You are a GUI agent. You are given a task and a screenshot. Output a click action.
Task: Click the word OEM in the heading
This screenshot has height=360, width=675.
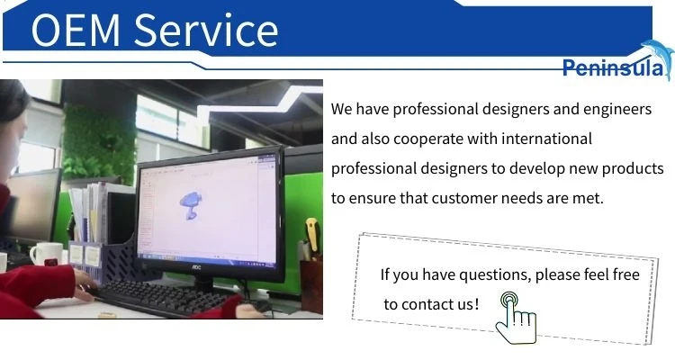[x=76, y=30]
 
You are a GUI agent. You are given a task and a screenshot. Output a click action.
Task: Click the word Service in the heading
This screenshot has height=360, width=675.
[x=206, y=30]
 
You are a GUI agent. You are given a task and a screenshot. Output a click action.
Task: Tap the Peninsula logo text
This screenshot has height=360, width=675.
[x=614, y=67]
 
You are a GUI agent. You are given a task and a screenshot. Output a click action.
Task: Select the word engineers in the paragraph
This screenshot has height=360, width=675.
[x=617, y=110]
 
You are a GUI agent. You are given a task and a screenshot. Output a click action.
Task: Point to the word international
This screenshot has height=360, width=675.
[x=546, y=139]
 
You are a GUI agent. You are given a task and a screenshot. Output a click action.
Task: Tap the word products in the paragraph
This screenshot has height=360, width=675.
[x=633, y=168]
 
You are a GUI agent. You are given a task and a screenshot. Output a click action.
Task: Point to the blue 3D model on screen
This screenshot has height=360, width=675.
[x=191, y=205]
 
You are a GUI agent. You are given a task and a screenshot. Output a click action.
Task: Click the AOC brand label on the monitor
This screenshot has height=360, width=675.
[x=196, y=267]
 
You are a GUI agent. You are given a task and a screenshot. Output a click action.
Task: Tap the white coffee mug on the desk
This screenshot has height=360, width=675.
[x=47, y=254]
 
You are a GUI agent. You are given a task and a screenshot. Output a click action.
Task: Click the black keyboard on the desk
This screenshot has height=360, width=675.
[x=166, y=297]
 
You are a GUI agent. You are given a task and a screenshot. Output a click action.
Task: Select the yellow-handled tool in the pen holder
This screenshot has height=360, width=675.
[x=312, y=235]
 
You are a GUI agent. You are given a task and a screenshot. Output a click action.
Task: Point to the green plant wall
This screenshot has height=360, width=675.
[x=99, y=141]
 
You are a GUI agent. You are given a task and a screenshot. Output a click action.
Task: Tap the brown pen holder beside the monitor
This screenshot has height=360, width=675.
[x=311, y=285]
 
